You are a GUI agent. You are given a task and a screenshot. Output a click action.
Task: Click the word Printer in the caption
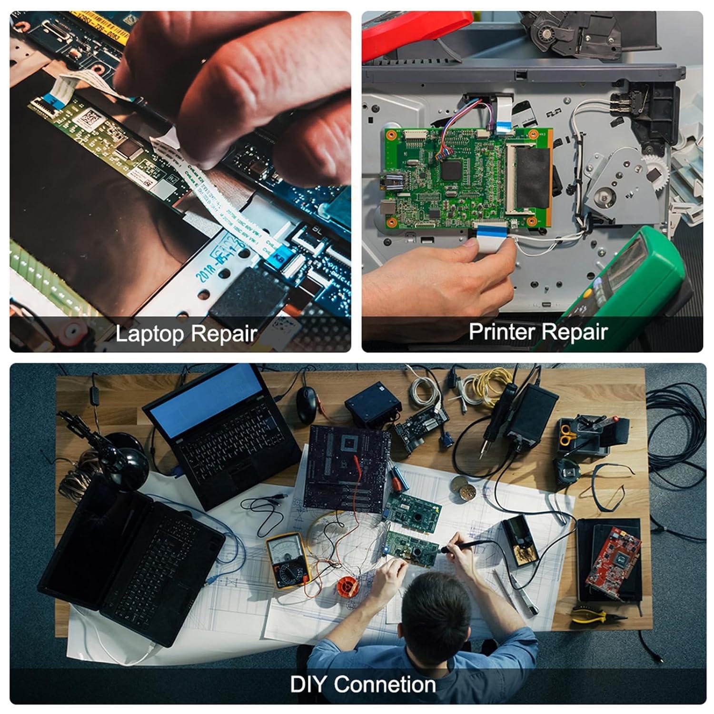(505, 331)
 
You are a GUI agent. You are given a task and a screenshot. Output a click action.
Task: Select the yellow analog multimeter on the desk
(288, 560)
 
